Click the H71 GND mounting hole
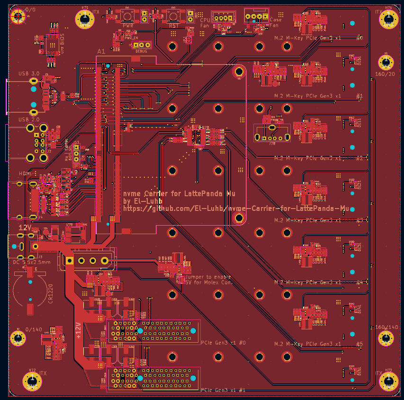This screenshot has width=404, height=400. pyautogui.click(x=85, y=20)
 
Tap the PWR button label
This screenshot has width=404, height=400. pyautogui.click(x=128, y=26)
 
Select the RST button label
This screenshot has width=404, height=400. pyautogui.click(x=172, y=26)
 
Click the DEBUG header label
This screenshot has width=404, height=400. pyautogui.click(x=141, y=50)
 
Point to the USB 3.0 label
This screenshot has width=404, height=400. pyautogui.click(x=29, y=73)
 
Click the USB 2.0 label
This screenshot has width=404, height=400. pyautogui.click(x=29, y=119)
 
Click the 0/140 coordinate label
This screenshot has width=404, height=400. pyautogui.click(x=34, y=329)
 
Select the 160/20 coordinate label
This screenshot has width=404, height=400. pyautogui.click(x=385, y=74)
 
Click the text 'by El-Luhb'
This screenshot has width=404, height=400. pyautogui.click(x=143, y=201)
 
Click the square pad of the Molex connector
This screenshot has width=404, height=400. pyautogui.click(x=69, y=260)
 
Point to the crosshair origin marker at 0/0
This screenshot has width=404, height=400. pyautogui.click(x=18, y=17)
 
